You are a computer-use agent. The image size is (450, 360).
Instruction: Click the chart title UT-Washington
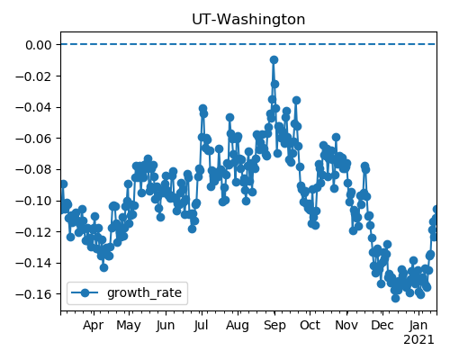(248, 20)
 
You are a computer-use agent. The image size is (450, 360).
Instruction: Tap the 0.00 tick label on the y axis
(39, 45)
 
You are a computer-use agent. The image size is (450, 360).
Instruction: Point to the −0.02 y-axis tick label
(33, 76)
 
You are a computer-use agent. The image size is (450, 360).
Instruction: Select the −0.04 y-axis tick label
(33, 107)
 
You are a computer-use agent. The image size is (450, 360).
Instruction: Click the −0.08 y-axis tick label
(33, 169)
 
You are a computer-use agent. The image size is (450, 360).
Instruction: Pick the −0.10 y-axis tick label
(33, 201)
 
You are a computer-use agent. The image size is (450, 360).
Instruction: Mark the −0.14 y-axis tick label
(33, 263)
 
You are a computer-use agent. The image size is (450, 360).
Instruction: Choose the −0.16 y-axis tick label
(33, 294)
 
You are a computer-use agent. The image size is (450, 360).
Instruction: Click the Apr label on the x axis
(94, 326)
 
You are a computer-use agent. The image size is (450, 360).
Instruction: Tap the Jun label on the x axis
(166, 326)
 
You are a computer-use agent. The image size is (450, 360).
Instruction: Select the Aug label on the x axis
(238, 326)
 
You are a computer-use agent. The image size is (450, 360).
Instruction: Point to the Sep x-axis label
(274, 326)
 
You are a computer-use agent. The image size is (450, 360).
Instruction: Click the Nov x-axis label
(346, 326)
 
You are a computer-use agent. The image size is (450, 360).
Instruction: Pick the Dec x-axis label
(382, 326)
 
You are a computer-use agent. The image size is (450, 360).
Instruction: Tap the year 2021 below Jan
(418, 340)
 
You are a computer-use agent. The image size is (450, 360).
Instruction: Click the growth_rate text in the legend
(144, 292)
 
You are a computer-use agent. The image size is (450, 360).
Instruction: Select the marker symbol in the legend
(85, 292)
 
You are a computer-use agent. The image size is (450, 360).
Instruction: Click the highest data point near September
(274, 59)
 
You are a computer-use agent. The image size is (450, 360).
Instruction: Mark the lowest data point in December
(395, 298)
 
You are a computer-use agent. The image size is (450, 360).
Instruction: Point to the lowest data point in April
(103, 267)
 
